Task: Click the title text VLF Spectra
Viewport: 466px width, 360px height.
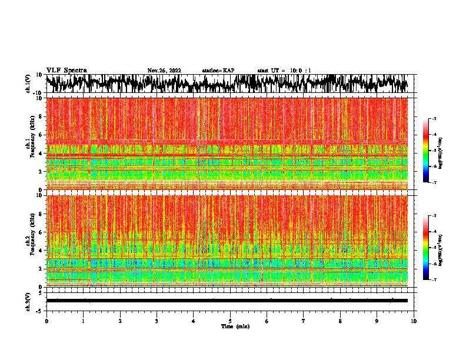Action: pyautogui.click(x=66, y=70)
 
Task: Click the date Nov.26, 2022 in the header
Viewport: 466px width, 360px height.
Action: pyautogui.click(x=164, y=71)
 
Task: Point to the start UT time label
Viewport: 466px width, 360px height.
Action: pyautogui.click(x=284, y=71)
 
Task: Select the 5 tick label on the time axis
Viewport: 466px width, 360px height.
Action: pyautogui.click(x=230, y=321)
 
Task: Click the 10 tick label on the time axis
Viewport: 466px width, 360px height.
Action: pyautogui.click(x=414, y=321)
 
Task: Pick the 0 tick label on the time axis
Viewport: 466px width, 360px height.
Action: pyautogui.click(x=46, y=321)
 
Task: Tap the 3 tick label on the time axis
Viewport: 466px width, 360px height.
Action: pyautogui.click(x=157, y=321)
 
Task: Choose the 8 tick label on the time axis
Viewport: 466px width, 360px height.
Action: pyautogui.click(x=340, y=321)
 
